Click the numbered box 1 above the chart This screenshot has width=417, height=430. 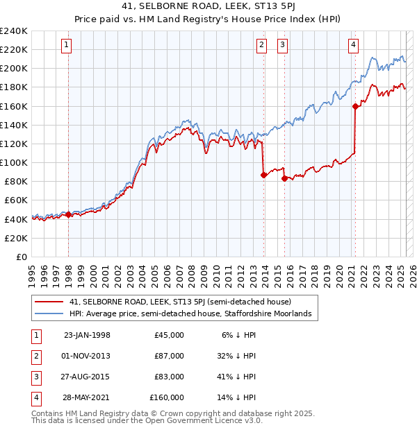[67, 46]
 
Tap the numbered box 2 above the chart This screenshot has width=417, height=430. [261, 46]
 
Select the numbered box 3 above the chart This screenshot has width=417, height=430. [283, 46]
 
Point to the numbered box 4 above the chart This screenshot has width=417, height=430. [353, 46]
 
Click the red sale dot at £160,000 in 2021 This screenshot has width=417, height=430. [355, 106]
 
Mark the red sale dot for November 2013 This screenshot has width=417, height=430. [263, 175]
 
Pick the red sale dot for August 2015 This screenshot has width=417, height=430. [284, 178]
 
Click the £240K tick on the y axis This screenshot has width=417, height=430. [14, 31]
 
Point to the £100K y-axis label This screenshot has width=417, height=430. [14, 162]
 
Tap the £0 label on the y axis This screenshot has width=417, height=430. [22, 257]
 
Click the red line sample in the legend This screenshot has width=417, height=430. [49, 302]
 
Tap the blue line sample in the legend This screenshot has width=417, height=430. [49, 314]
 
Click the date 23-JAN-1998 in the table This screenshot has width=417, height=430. [87, 335]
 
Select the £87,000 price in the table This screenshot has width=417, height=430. [169, 356]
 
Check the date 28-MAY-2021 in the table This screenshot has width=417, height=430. [87, 397]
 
